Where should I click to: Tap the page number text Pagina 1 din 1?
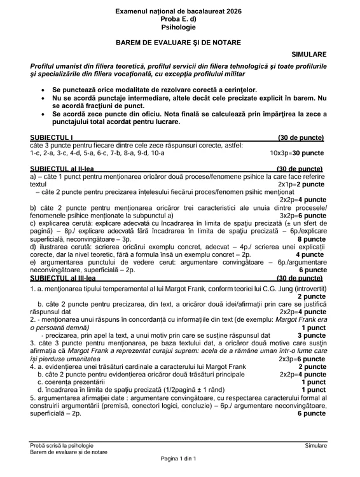point(180,458)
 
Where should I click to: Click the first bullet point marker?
point(43,90)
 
